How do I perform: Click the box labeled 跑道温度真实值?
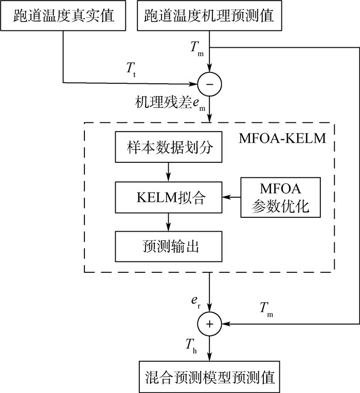click(64, 16)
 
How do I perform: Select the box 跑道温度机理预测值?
click(209, 16)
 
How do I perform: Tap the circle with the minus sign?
click(209, 82)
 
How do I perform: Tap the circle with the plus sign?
click(209, 324)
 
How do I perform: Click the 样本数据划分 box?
click(168, 148)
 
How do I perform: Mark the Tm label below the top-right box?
click(196, 47)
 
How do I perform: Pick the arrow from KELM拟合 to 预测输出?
click(168, 221)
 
